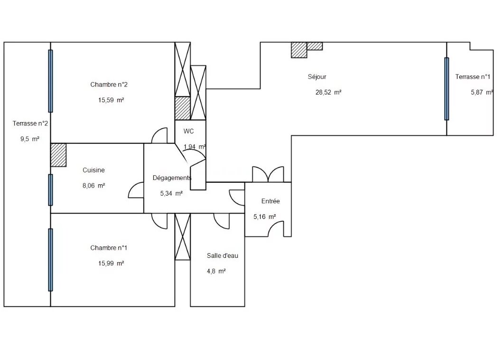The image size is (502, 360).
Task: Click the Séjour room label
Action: click(317, 76)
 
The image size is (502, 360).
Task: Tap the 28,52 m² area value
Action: click(328, 92)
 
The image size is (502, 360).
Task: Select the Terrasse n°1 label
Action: click(473, 76)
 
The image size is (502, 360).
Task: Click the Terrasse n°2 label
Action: click(30, 123)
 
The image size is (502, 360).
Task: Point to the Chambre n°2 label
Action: click(109, 85)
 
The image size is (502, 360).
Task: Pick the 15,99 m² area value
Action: click(111, 264)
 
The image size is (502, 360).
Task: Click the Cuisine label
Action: click(93, 170)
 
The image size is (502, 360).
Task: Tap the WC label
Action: click(188, 131)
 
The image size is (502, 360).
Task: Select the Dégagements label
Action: click(172, 178)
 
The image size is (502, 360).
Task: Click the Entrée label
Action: click(270, 201)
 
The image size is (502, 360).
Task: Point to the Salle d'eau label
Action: click(223, 256)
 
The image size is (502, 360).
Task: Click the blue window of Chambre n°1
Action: click(51, 260)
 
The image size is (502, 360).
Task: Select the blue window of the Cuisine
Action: click(51, 190)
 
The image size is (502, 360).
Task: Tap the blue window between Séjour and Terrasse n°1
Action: click(446, 89)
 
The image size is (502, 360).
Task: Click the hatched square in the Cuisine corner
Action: click(58, 155)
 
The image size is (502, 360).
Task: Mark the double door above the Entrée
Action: click(268, 174)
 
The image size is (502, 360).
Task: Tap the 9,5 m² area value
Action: click(30, 139)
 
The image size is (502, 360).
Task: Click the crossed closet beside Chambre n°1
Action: click(183, 237)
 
